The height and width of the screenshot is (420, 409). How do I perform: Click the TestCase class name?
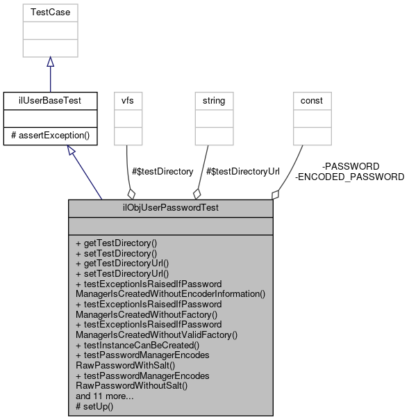click(50, 12)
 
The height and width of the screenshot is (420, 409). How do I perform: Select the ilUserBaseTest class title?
click(50, 101)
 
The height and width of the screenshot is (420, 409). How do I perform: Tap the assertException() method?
click(50, 134)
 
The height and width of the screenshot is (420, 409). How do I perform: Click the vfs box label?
click(128, 101)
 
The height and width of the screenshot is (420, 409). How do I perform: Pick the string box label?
click(213, 101)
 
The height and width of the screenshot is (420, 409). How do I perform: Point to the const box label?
click(312, 101)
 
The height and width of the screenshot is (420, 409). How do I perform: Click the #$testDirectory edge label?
click(162, 171)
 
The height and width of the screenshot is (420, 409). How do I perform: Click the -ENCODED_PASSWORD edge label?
click(350, 177)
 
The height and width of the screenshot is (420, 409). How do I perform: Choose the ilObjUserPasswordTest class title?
click(169, 208)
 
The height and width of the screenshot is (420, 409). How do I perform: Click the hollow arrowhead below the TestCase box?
click(50, 63)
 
